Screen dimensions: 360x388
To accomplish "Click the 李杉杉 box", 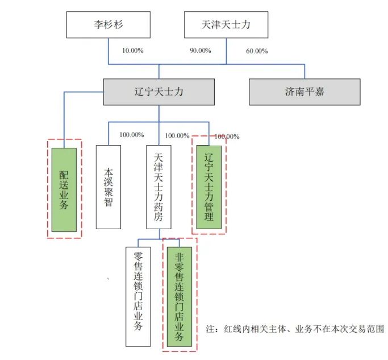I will pyautogui.click(x=109, y=25).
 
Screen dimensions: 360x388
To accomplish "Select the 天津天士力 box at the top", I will pyautogui.click(x=226, y=25).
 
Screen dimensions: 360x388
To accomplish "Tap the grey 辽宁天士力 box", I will pyautogui.click(x=158, y=92).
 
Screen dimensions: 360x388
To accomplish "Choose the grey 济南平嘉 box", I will pyautogui.click(x=304, y=92).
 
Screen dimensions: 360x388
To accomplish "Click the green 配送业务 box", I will pyautogui.click(x=64, y=189).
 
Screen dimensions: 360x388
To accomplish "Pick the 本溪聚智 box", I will pyautogui.click(x=109, y=187).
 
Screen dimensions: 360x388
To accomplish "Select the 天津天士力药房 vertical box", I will pyautogui.click(x=158, y=187).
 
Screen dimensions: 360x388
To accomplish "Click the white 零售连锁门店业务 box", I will pyautogui.click(x=138, y=296).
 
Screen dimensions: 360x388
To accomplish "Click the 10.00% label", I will pyautogui.click(x=132, y=51).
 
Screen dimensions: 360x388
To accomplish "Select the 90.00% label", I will pyautogui.click(x=200, y=51).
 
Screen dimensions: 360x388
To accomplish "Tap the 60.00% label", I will pyautogui.click(x=256, y=51).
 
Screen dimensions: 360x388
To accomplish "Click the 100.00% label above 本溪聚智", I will pyautogui.click(x=132, y=135).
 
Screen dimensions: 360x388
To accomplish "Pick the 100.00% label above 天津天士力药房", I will pyautogui.click(x=177, y=135).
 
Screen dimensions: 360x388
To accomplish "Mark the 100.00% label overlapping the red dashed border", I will pyautogui.click(x=227, y=136).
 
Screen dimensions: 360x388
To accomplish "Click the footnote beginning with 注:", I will pyautogui.click(x=295, y=329).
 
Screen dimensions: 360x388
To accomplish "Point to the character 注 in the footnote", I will pyautogui.click(x=210, y=329).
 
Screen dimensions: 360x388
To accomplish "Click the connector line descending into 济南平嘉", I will pyautogui.click(x=304, y=71).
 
